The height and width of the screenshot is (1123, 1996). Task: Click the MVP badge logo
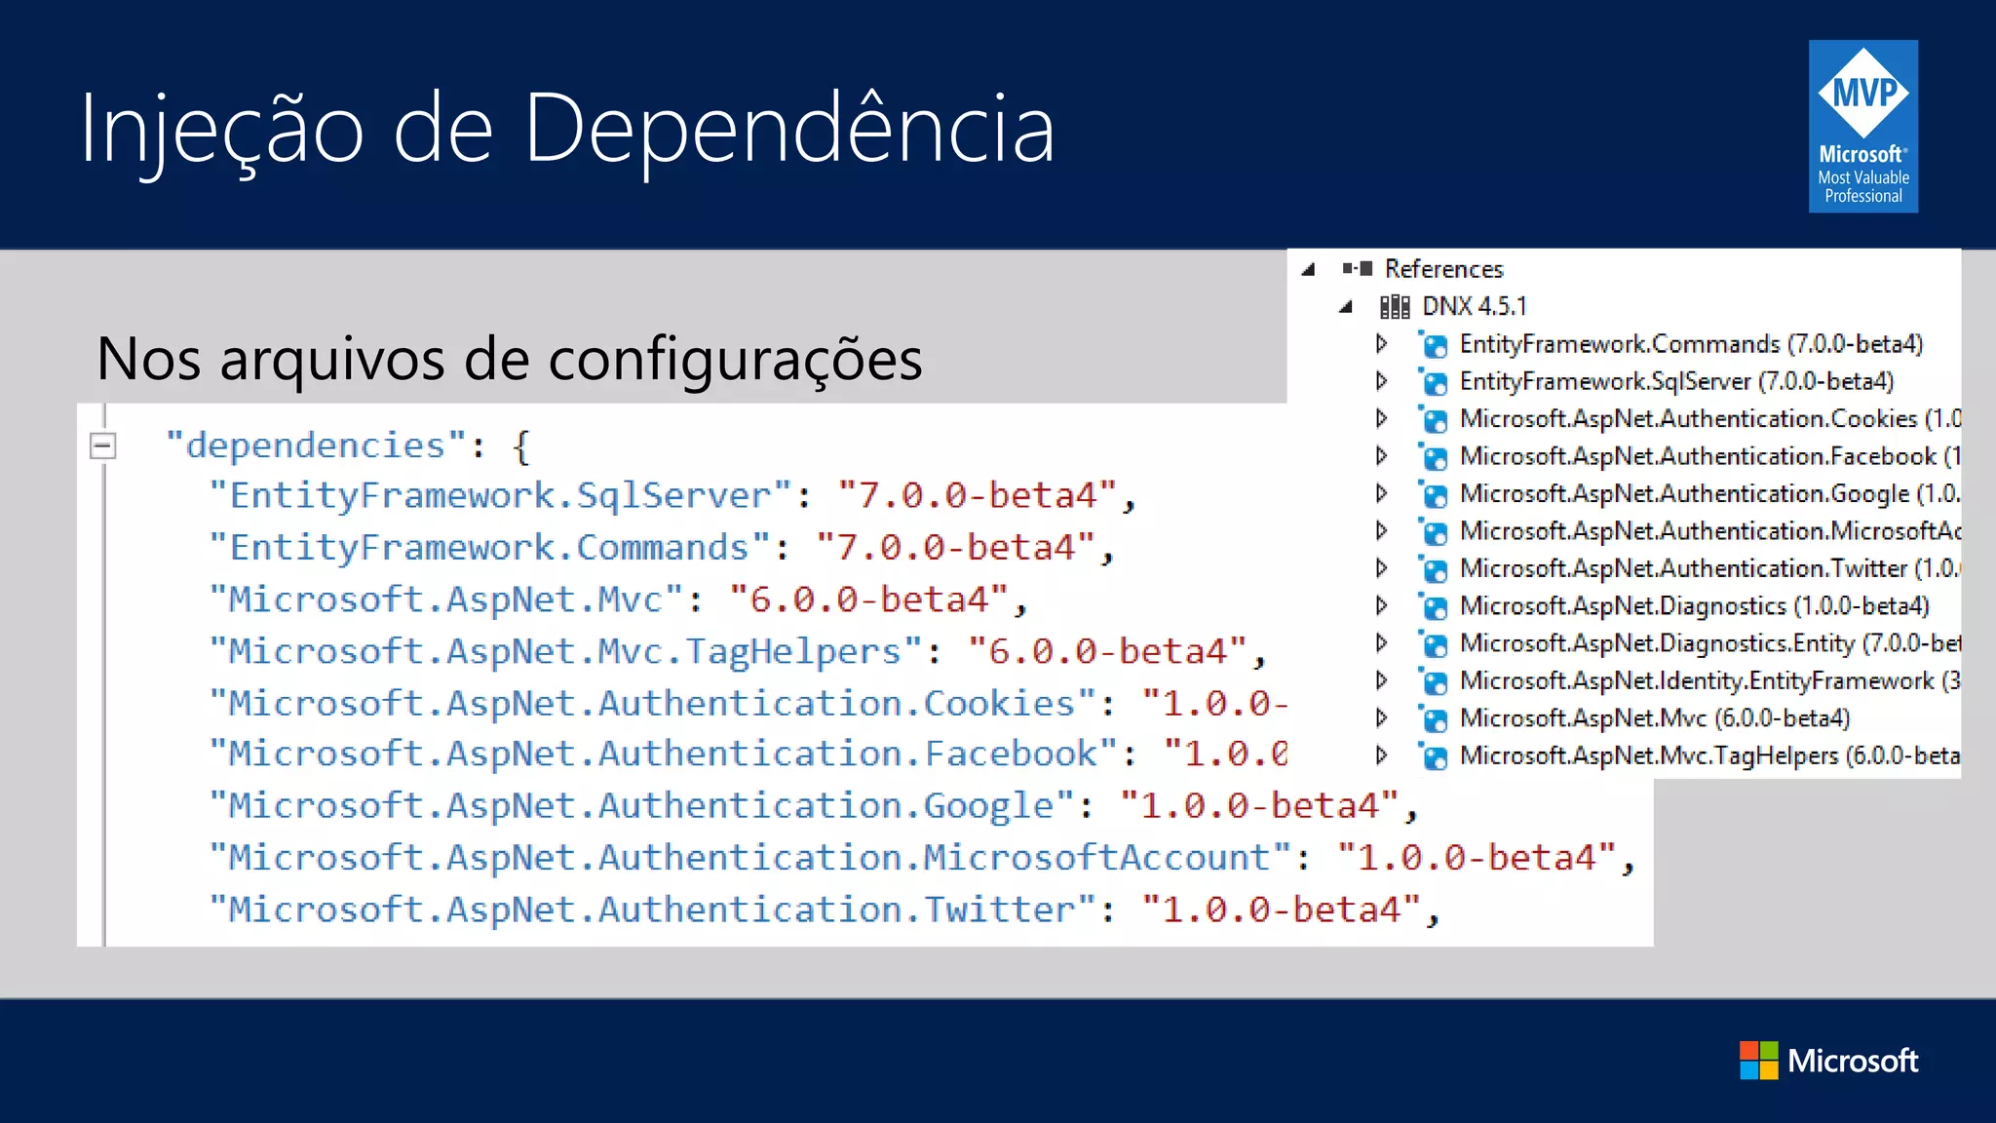click(1862, 126)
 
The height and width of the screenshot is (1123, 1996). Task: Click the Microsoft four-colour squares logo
click(1758, 1061)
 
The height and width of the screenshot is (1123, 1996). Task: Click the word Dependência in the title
click(788, 128)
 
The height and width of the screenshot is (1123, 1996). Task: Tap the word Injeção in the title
click(222, 130)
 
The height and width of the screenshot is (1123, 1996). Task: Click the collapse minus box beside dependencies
click(102, 446)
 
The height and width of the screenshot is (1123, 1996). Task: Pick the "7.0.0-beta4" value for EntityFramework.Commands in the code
click(955, 547)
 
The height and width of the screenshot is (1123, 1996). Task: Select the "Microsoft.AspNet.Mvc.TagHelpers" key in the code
click(564, 650)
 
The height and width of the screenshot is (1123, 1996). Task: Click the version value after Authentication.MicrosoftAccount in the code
click(1476, 858)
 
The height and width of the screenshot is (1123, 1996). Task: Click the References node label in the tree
click(1443, 269)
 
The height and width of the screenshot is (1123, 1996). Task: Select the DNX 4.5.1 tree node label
click(1474, 306)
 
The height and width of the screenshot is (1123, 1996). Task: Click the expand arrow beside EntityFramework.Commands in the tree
click(1381, 343)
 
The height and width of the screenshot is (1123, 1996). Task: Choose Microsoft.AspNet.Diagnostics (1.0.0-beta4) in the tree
click(1694, 605)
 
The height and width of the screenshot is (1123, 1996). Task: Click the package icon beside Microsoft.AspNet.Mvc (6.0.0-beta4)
click(1434, 719)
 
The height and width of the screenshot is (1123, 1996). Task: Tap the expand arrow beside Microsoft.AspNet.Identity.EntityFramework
click(1381, 680)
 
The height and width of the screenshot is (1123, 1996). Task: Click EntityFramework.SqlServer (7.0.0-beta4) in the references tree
click(1676, 381)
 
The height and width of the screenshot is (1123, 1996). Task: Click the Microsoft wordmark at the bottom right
click(1853, 1061)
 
